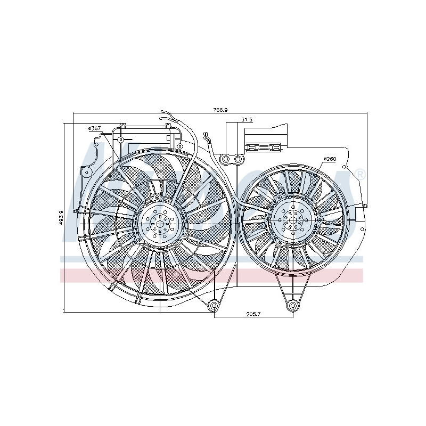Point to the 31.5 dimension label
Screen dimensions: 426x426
click(246, 120)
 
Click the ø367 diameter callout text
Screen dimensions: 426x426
click(95, 128)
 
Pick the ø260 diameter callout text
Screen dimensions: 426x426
click(330, 159)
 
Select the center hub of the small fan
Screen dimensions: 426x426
click(292, 219)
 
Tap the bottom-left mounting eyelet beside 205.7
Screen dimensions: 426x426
click(214, 306)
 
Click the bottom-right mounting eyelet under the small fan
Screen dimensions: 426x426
click(292, 306)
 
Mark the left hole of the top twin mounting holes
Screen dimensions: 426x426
click(226, 159)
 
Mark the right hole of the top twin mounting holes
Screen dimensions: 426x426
click(238, 159)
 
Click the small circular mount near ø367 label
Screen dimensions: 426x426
click(121, 140)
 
